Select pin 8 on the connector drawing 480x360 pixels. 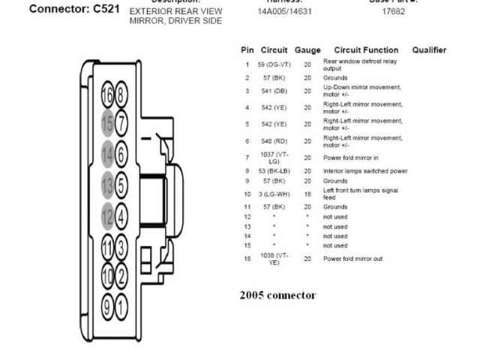pos(121,94)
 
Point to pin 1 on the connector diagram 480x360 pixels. pos(121,306)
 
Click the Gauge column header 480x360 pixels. pos(307,50)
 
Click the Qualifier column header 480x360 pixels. pos(429,50)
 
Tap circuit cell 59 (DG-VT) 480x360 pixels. pos(274,64)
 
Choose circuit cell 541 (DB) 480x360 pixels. pos(274,91)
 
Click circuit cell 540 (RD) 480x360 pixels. pos(274,140)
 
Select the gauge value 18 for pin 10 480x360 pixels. pos(307,193)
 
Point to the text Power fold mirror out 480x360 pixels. pos(352,259)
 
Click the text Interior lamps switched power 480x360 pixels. pos(365,171)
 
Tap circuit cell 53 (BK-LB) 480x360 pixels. pos(274,171)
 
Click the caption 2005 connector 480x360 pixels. pos(277,295)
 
